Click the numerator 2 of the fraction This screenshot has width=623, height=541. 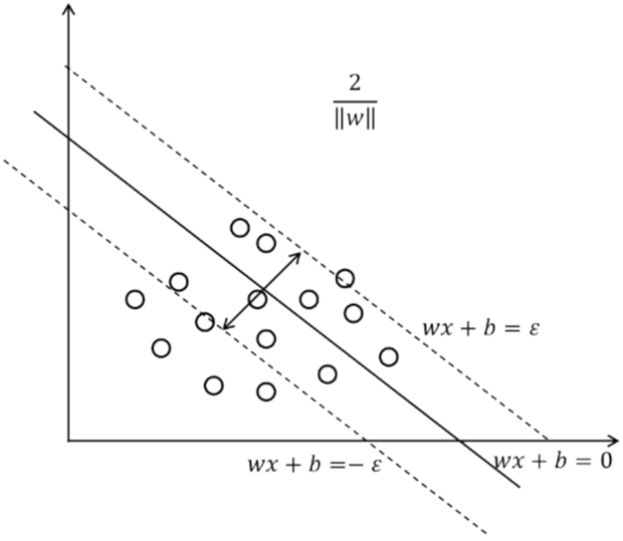point(356,83)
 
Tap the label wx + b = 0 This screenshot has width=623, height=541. point(552,460)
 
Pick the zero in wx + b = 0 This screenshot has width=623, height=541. point(603,460)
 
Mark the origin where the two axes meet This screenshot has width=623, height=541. point(69,440)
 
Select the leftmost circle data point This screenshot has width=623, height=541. point(136,298)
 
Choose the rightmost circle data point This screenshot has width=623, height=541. point(388,356)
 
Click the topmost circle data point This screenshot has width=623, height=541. point(240,227)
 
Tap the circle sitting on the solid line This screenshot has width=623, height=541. point(257,298)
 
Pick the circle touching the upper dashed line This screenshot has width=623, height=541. point(345,278)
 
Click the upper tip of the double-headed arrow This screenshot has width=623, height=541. point(299,252)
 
